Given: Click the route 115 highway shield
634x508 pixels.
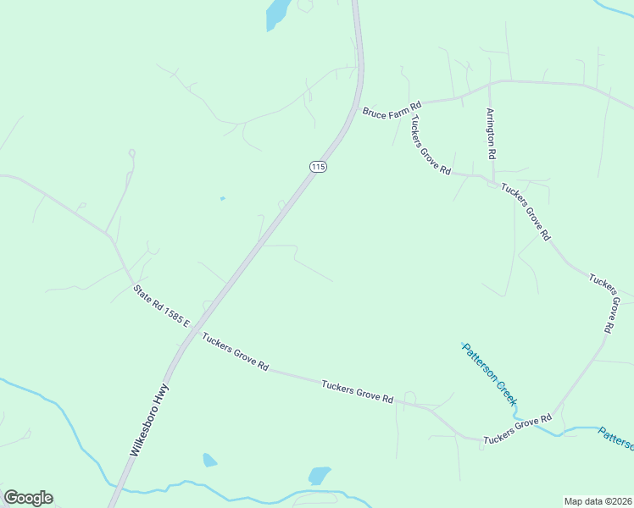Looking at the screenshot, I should tap(318, 167).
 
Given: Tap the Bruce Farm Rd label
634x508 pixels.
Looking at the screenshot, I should tap(392, 110).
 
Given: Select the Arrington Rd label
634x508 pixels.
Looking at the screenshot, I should tap(491, 134).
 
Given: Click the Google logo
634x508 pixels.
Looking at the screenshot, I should tap(28, 498).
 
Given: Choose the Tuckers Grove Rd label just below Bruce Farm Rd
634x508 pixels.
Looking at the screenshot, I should tap(431, 144).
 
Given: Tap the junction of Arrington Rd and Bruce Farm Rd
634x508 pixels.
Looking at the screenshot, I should tap(489, 85).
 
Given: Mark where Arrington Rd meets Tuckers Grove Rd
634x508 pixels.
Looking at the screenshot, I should tap(492, 179).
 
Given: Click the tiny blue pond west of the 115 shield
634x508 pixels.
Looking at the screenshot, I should tap(222, 198).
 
